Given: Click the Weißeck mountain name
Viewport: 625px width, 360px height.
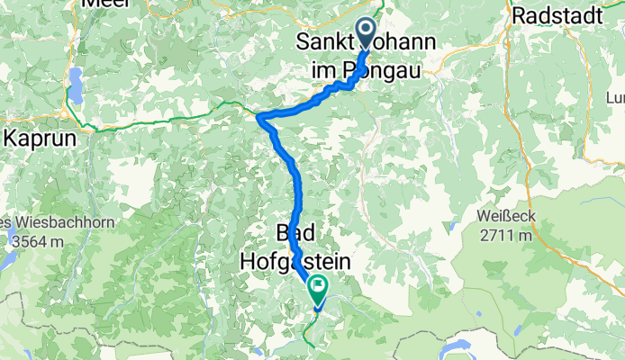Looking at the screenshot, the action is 507,217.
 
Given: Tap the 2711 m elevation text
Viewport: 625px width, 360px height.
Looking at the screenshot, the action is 508,237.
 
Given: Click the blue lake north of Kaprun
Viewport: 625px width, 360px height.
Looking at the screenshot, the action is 76,85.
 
